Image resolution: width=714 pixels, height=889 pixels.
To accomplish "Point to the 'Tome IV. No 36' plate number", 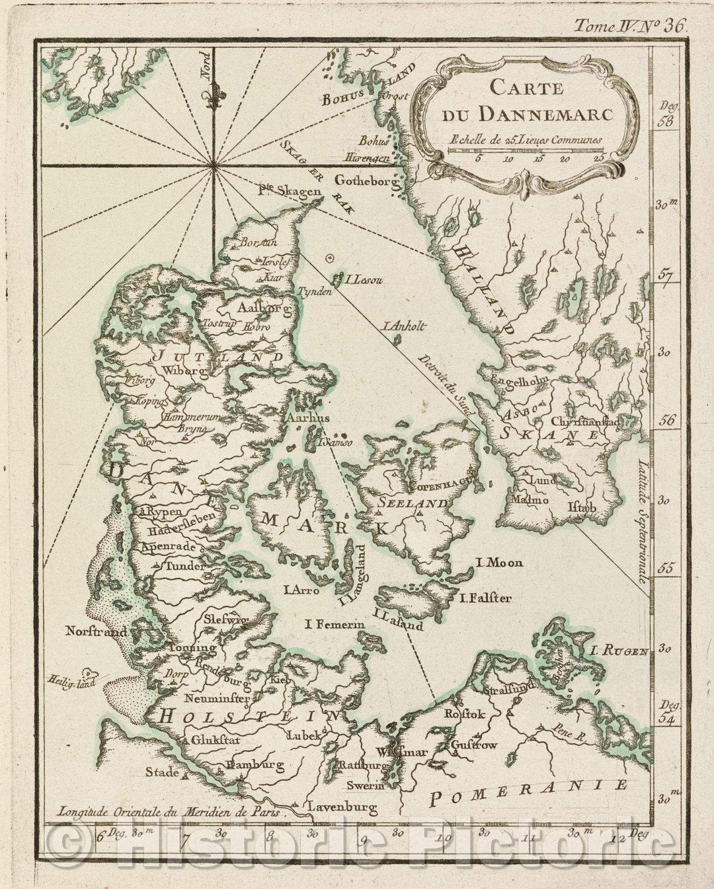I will pyautogui.click(x=631, y=26).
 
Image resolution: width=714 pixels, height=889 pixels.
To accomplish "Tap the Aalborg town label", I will pyautogui.click(x=258, y=309).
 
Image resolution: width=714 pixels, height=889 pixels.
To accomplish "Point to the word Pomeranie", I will pyautogui.click(x=526, y=793).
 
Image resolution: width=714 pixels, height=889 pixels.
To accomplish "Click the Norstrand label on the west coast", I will pyautogui.click(x=96, y=631).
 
